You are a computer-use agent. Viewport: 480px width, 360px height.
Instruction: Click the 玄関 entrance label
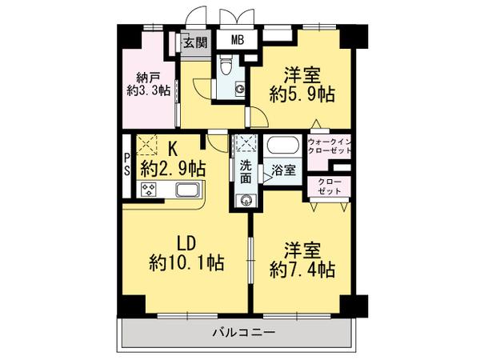[x=194, y=44]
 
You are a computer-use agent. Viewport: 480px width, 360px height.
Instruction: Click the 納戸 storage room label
[x=147, y=78]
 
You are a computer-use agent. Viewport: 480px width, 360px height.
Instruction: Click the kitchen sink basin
[x=186, y=190]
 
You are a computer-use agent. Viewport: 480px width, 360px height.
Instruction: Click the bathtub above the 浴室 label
[x=283, y=148]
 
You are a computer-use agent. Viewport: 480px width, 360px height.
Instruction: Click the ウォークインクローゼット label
[x=328, y=147]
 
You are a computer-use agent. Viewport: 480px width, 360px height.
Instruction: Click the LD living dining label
[x=186, y=242]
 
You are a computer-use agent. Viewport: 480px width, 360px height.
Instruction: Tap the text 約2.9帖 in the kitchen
[x=173, y=168]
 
